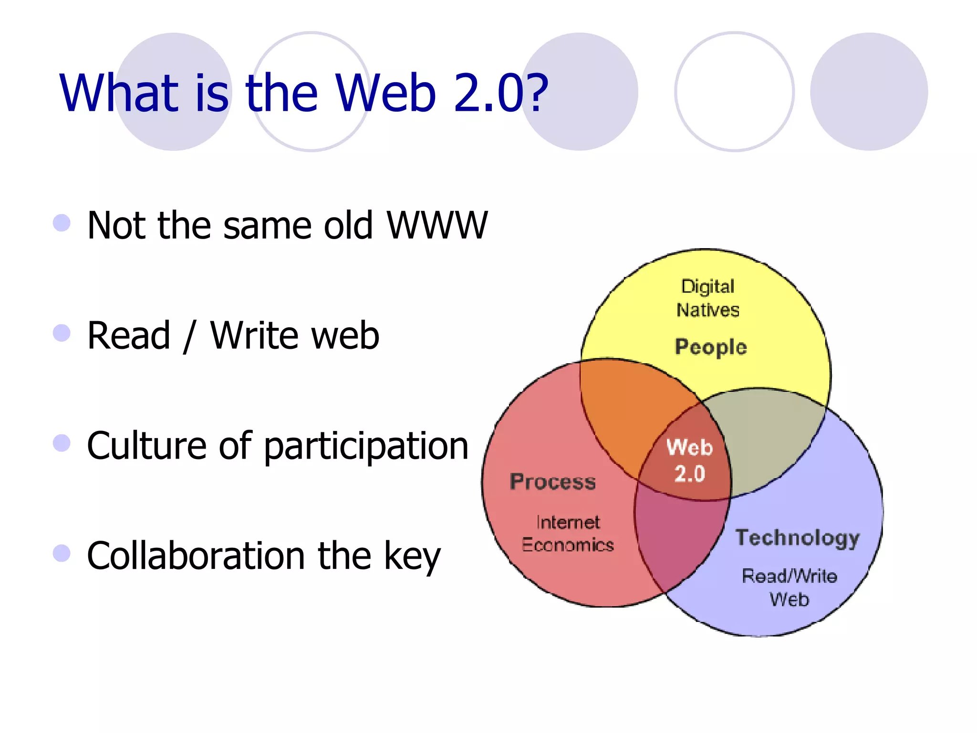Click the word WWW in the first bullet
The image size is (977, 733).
[x=437, y=225]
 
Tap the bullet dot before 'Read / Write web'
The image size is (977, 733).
[x=62, y=333]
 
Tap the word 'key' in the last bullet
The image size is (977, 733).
[x=412, y=557]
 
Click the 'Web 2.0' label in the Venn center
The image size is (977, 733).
[x=689, y=461]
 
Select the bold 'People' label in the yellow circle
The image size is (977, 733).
[x=711, y=347]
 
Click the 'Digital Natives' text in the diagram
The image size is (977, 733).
[x=708, y=298]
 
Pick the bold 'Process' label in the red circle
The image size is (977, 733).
[x=552, y=482]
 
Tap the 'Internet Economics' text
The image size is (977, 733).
[x=568, y=534]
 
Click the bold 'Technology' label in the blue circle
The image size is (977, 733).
[x=797, y=538]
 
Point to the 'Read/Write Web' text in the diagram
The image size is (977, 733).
[x=790, y=587]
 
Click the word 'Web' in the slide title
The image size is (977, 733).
[x=385, y=93]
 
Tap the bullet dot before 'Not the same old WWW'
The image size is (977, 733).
[x=62, y=223]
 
